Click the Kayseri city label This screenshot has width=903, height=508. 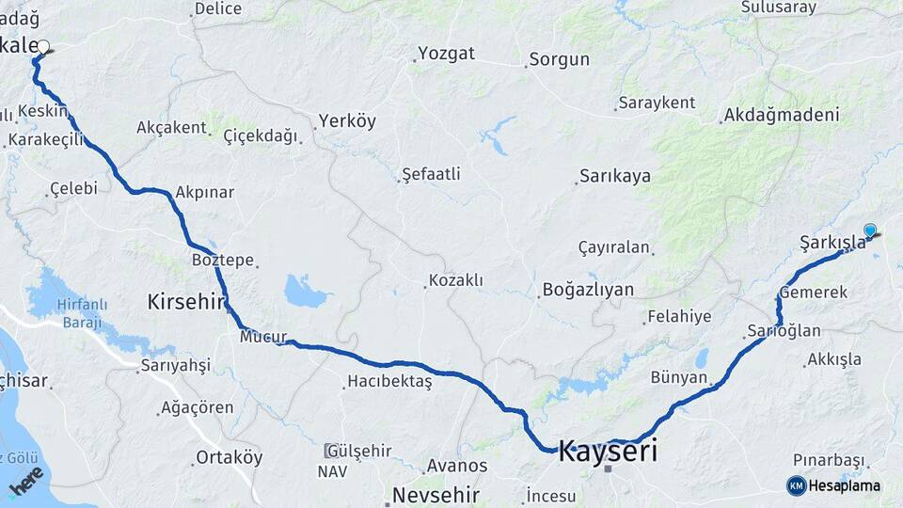(x=608, y=451)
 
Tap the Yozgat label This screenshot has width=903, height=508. (x=447, y=54)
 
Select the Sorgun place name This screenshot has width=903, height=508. (x=559, y=60)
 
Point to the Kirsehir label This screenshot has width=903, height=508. (x=186, y=302)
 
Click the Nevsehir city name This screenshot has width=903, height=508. (x=436, y=495)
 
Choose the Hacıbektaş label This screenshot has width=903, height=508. (x=389, y=382)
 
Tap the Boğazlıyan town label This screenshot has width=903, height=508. (x=589, y=290)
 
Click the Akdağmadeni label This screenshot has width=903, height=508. (x=780, y=116)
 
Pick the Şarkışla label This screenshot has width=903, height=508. (x=832, y=243)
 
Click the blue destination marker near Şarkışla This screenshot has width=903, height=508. (x=870, y=230)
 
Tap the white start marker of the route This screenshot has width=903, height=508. (x=43, y=45)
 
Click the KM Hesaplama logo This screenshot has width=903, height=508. (x=833, y=485)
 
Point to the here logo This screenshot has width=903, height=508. (x=25, y=482)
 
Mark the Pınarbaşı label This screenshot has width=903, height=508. (x=828, y=460)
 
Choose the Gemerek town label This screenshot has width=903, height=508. (x=814, y=293)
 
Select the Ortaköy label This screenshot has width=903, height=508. (x=229, y=458)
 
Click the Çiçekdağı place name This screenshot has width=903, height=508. (x=260, y=135)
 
